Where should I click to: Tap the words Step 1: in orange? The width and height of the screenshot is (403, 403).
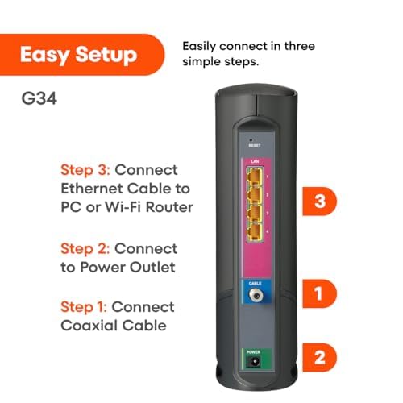point(84,307)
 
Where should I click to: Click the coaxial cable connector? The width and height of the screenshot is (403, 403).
point(256,297)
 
